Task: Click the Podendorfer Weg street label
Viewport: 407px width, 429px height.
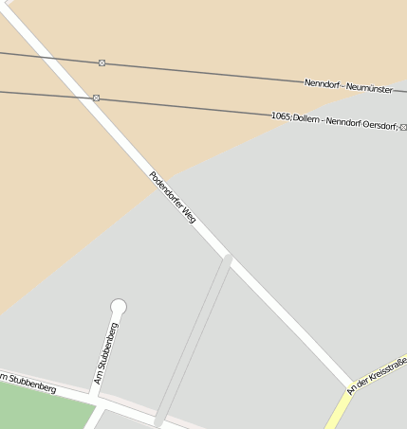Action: tap(173, 198)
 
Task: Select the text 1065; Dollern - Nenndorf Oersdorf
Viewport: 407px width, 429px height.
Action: tap(335, 120)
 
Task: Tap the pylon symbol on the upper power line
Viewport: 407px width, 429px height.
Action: tap(102, 63)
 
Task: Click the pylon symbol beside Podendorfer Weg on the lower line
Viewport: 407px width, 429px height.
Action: tap(96, 98)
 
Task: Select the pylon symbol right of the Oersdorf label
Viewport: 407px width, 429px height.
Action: tap(403, 126)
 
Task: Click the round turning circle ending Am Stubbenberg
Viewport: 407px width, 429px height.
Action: tap(119, 306)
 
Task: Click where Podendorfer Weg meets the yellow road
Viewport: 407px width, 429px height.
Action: tap(350, 389)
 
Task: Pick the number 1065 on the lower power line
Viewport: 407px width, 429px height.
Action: tap(280, 116)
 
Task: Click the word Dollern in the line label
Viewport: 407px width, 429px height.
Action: tap(306, 118)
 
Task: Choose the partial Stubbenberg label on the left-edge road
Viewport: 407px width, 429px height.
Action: tap(28, 383)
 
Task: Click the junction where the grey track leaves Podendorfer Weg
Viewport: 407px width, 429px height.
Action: tap(228, 257)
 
